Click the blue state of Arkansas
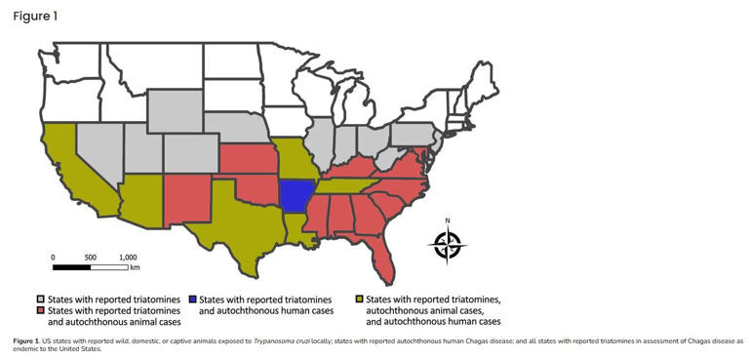pos(296,195)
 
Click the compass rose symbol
pos(448,244)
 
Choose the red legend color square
pos(41,309)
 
